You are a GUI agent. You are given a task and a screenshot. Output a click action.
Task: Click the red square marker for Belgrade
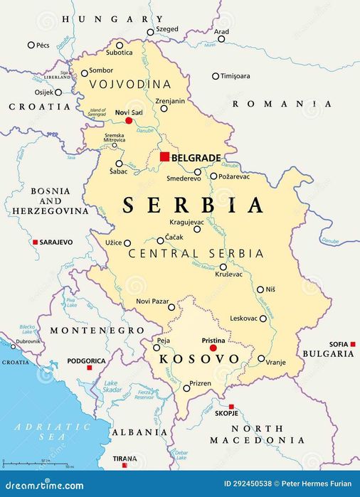coord(164,157)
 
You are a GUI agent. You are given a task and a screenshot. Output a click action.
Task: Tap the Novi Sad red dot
coord(129,121)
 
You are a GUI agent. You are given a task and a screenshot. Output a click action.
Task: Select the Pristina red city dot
coord(213,348)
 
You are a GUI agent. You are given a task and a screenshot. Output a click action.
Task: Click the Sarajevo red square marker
coord(35,242)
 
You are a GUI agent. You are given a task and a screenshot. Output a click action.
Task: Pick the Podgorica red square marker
coord(89,368)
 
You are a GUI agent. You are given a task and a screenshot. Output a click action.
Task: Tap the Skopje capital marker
coord(231,407)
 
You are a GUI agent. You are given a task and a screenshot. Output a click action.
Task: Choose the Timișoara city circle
coord(216,76)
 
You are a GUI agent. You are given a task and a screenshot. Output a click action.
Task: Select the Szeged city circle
coord(150,32)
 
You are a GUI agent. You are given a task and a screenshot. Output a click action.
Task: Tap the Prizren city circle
coord(186,388)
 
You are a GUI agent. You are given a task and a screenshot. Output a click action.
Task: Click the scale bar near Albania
coord(53,463)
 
